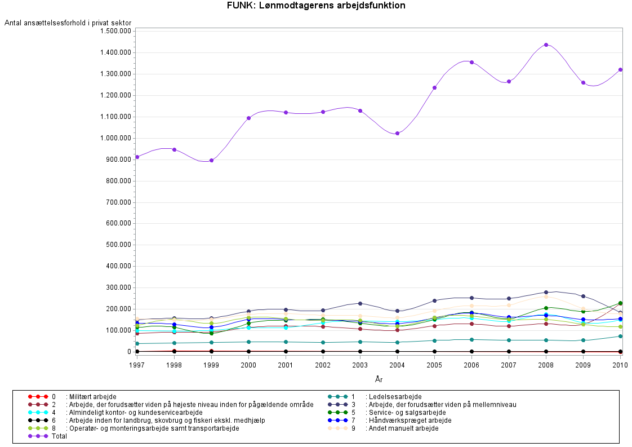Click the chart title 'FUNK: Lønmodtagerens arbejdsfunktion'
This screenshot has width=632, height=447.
coord(315,6)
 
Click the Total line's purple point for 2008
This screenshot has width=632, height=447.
coord(546,45)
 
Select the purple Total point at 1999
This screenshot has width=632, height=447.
coord(211,160)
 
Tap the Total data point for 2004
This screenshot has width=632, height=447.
coord(397,133)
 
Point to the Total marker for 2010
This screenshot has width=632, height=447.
coord(620,69)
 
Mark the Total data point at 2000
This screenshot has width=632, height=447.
coord(248,118)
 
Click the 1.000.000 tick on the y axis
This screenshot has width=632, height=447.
coord(115,138)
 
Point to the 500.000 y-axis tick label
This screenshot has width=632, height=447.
coord(117,245)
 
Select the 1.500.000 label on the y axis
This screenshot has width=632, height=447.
coord(115,31)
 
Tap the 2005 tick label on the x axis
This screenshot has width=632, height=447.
coord(434,365)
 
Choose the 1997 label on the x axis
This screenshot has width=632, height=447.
coord(137,365)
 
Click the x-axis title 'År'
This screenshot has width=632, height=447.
coord(379,379)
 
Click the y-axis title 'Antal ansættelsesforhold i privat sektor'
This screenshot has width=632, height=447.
coord(68,23)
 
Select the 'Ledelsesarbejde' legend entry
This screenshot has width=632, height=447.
coord(393,397)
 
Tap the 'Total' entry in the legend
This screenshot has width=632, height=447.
coord(59,436)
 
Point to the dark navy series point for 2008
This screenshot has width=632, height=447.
coord(546,292)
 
